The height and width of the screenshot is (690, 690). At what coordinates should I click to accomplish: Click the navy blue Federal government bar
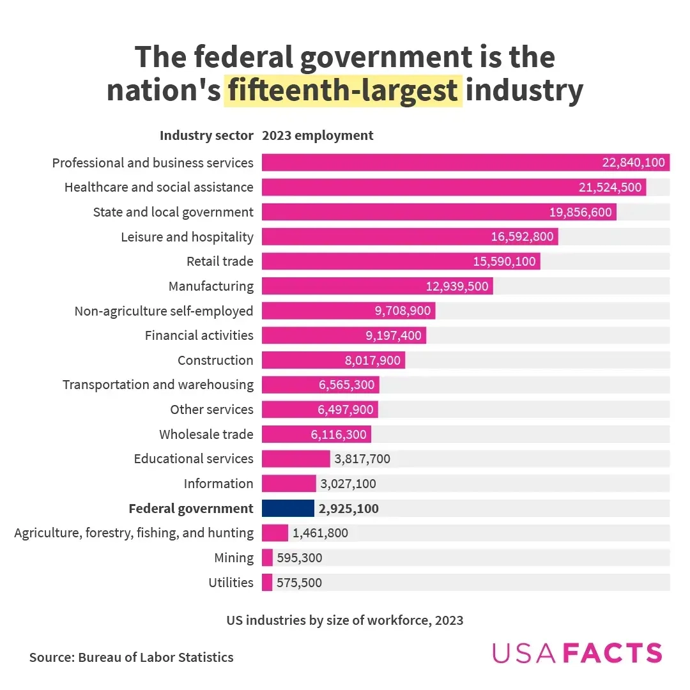(287, 508)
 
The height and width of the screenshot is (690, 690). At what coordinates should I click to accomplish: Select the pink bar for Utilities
(267, 582)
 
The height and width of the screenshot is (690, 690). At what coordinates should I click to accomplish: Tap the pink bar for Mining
(267, 558)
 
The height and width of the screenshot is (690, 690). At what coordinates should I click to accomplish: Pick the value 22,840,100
(633, 163)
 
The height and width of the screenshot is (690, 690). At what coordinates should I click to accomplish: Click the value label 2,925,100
(349, 509)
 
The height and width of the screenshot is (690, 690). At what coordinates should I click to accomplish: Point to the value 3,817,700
(362, 459)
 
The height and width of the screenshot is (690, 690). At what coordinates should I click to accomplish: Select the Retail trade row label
(220, 261)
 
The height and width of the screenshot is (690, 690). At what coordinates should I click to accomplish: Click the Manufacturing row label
(211, 286)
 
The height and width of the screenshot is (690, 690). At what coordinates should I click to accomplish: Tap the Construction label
(215, 360)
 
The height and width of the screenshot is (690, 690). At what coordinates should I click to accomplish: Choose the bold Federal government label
(191, 509)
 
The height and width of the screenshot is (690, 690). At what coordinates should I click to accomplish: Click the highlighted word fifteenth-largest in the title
(343, 90)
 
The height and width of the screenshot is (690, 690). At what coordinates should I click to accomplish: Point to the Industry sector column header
(206, 135)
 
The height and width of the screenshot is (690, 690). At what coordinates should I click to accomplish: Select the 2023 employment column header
(318, 135)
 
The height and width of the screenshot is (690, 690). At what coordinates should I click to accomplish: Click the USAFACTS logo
(577, 653)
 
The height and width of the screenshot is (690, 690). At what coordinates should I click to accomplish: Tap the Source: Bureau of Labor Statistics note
(131, 657)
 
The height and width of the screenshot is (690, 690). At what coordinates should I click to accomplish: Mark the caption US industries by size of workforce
(344, 620)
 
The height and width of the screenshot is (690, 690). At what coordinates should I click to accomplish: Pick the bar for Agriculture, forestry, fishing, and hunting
(275, 533)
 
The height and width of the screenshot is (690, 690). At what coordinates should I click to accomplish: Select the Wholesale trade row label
(206, 434)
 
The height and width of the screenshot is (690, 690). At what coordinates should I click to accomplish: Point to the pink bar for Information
(289, 484)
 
